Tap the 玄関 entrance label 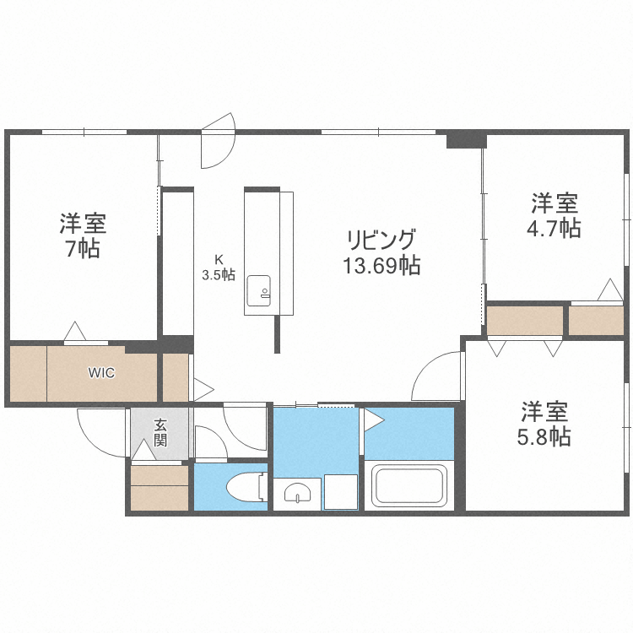click(160, 433)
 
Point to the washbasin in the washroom click(296, 492)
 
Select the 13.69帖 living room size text click(381, 266)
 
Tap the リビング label click(381, 238)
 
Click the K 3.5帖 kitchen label click(218, 268)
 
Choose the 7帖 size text click(83, 249)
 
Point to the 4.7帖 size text click(555, 228)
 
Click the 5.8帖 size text click(544, 436)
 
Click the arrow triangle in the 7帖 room click(74, 331)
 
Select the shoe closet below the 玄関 click(160, 488)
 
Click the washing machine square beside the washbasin click(341, 492)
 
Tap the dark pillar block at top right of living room click(466, 138)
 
